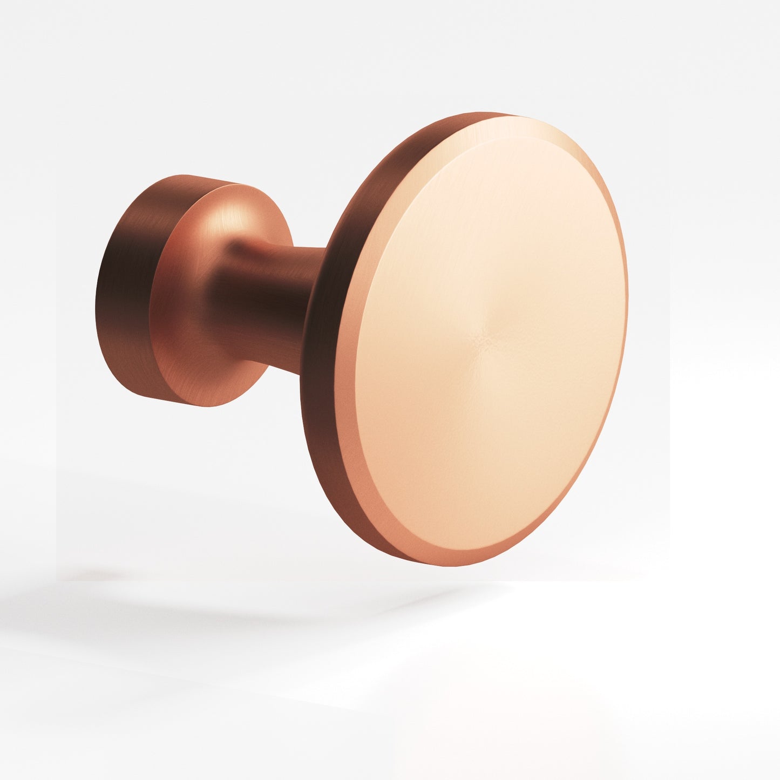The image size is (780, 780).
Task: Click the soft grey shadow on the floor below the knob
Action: [162, 599]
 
